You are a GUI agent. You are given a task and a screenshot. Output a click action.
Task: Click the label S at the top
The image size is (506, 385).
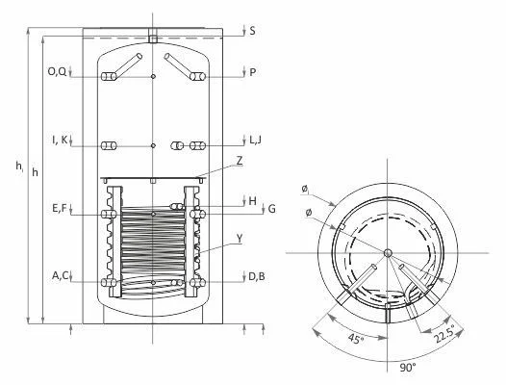coord(252,31)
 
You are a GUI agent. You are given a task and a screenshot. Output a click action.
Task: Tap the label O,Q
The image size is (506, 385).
coord(57,71)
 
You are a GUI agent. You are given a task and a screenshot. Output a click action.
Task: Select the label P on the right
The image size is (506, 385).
coord(253,72)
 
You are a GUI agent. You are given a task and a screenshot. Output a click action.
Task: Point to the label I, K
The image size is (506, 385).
coord(60,140)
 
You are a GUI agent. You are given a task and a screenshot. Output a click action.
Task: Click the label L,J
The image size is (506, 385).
coord(256,141)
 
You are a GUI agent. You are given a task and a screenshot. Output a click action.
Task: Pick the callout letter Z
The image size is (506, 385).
coord(240,161)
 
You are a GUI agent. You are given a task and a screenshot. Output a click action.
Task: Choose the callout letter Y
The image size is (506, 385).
coord(240,239)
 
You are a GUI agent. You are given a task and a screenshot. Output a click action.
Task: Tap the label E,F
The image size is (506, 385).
coord(59,209)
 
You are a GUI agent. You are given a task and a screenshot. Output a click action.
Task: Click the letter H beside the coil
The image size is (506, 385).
coord(253,201)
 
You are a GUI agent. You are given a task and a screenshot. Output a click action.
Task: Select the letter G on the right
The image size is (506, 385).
coord(272,209)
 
